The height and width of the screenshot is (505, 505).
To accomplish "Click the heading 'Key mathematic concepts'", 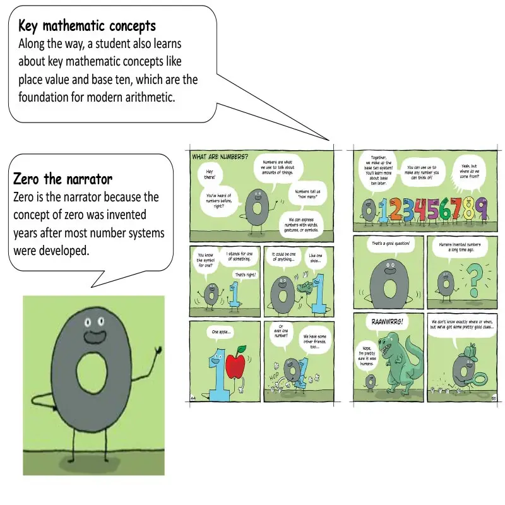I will (x=87, y=27).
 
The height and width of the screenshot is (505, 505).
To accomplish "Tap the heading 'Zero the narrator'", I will (x=62, y=179).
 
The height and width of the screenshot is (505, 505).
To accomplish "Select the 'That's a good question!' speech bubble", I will (x=391, y=243).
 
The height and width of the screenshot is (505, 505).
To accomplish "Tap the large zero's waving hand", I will (x=158, y=348).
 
